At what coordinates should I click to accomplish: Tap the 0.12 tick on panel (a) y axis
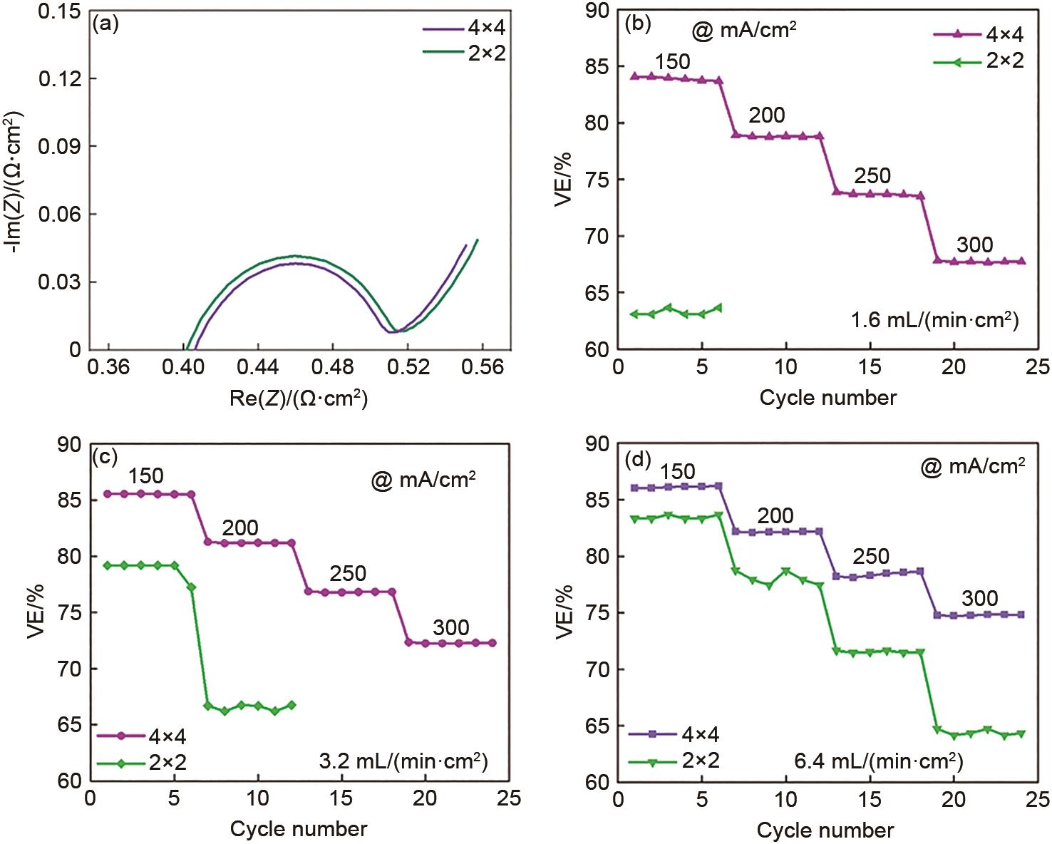(x=60, y=78)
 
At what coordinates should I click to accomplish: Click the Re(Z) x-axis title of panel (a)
(x=298, y=398)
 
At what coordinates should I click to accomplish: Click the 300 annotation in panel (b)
(x=974, y=245)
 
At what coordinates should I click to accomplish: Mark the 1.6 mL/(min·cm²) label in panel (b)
(x=935, y=320)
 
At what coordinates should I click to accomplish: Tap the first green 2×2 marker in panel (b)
(x=634, y=314)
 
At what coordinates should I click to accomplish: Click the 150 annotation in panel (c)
(x=146, y=475)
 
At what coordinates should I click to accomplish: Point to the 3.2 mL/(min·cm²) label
(x=403, y=762)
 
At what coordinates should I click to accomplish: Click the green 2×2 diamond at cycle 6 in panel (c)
(x=191, y=587)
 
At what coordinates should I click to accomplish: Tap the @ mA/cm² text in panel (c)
(x=423, y=480)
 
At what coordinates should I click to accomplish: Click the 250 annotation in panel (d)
(x=870, y=556)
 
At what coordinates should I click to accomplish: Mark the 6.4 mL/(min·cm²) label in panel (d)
(x=878, y=761)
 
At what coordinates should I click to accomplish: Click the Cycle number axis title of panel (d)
(x=825, y=830)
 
